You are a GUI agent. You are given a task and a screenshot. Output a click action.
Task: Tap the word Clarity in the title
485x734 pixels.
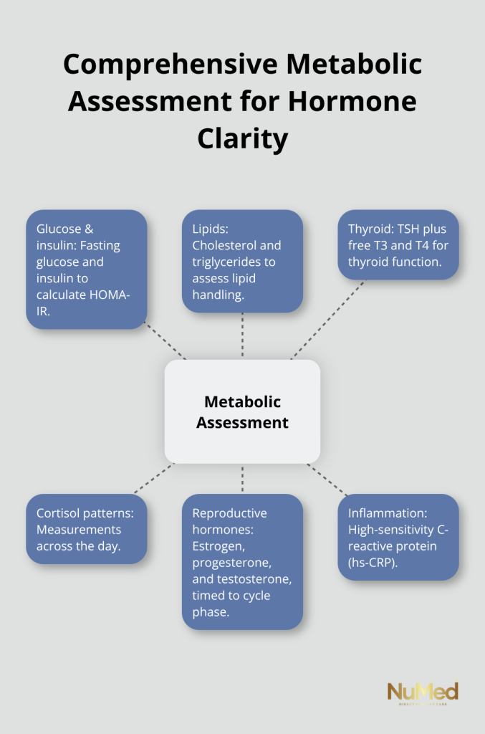(242, 138)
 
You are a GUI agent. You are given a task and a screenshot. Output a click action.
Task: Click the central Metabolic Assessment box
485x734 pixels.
(242, 411)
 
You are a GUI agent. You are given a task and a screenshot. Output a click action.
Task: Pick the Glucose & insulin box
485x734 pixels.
(86, 269)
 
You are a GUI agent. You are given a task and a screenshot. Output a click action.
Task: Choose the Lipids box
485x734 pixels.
(242, 261)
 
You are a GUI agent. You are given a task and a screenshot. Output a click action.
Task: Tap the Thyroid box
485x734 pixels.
(398, 244)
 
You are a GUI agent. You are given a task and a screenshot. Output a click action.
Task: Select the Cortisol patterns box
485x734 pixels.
(86, 529)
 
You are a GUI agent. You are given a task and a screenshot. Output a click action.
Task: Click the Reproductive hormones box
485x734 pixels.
(242, 561)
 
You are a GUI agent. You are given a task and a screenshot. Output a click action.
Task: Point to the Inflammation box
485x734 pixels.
(398, 537)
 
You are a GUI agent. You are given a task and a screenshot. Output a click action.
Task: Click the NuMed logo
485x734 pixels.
(423, 694)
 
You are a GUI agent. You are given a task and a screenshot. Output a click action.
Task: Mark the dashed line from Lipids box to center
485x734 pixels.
(242, 335)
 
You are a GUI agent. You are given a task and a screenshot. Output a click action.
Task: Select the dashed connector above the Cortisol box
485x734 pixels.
(153, 478)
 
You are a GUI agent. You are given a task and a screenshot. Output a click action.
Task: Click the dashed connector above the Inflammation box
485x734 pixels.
(328, 480)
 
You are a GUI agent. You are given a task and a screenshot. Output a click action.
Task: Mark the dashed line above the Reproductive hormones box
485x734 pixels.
(242, 478)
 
